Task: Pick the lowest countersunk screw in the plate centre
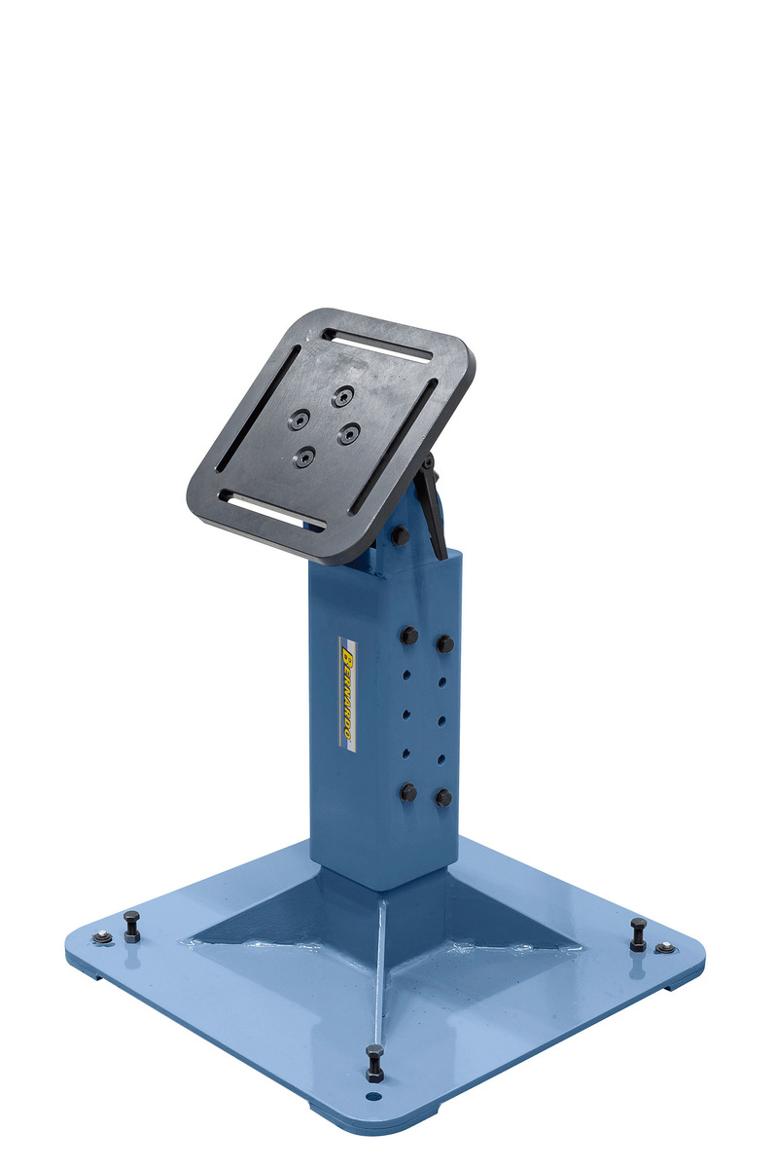[x=304, y=457]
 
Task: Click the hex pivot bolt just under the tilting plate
[x=399, y=534]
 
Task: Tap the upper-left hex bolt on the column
[x=408, y=635]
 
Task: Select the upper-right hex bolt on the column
[x=444, y=643]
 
